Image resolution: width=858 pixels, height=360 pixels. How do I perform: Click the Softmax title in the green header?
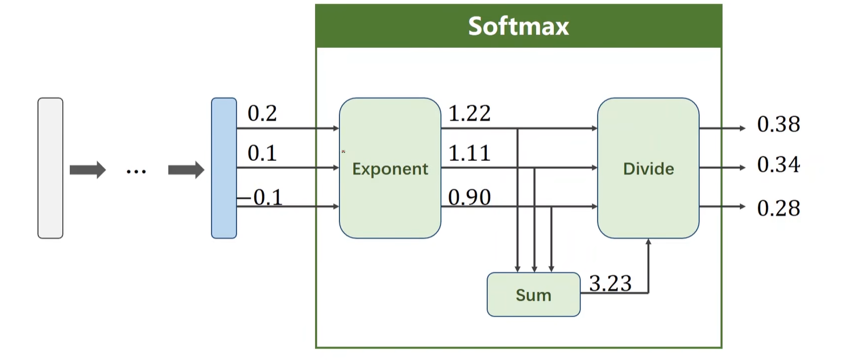click(518, 27)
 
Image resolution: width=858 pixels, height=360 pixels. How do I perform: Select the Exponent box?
click(390, 168)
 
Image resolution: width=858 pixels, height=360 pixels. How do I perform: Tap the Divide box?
click(648, 168)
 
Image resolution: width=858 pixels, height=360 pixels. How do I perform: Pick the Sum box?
click(533, 295)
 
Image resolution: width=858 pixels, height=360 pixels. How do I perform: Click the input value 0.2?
click(262, 114)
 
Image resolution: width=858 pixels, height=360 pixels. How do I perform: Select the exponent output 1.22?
click(469, 114)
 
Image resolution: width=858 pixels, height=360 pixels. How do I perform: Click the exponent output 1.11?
click(469, 153)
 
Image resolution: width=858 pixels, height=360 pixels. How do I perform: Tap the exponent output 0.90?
click(469, 197)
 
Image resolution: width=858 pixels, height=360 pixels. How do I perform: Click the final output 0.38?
click(778, 125)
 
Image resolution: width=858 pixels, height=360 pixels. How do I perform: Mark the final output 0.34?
click(778, 165)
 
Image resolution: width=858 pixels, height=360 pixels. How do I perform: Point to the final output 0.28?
click(778, 208)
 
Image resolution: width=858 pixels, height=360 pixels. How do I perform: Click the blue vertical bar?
click(223, 168)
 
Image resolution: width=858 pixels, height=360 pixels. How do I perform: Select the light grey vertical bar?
click(50, 168)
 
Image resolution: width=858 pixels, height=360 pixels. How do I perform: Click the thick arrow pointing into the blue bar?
click(186, 169)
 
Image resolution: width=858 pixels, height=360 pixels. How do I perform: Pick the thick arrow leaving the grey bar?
click(88, 169)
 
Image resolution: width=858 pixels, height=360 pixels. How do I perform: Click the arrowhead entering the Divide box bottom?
click(648, 243)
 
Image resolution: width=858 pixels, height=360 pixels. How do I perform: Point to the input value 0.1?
click(262, 154)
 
